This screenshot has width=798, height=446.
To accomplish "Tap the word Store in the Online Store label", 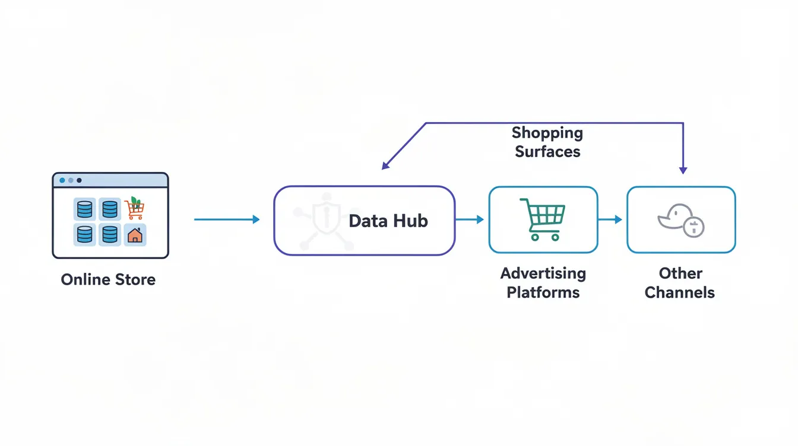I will click(x=134, y=279).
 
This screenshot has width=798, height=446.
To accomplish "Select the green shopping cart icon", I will click(x=542, y=219).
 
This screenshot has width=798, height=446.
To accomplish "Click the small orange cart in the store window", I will click(x=135, y=209).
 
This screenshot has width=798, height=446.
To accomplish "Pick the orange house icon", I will click(x=135, y=235).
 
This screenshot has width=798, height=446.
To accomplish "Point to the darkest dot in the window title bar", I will click(x=80, y=180).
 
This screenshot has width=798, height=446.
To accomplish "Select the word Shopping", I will click(x=547, y=133).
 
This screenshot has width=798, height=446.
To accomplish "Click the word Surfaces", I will click(x=547, y=151).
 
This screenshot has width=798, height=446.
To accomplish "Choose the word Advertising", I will click(x=543, y=273).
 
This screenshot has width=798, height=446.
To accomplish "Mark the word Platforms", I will click(x=543, y=292).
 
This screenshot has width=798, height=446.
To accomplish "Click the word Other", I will click(x=680, y=273).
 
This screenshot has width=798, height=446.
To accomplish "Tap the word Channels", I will click(x=680, y=292).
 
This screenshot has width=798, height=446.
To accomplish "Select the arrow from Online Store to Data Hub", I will click(x=227, y=219).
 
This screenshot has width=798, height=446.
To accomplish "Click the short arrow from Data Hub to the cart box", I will click(x=470, y=219).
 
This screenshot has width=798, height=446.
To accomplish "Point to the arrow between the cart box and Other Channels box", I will click(x=610, y=219).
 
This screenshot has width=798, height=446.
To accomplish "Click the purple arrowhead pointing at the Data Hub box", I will click(x=386, y=165).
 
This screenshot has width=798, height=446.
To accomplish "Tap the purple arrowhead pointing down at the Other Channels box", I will click(x=683, y=170).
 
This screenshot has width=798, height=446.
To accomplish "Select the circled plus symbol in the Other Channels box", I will click(x=693, y=227).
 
